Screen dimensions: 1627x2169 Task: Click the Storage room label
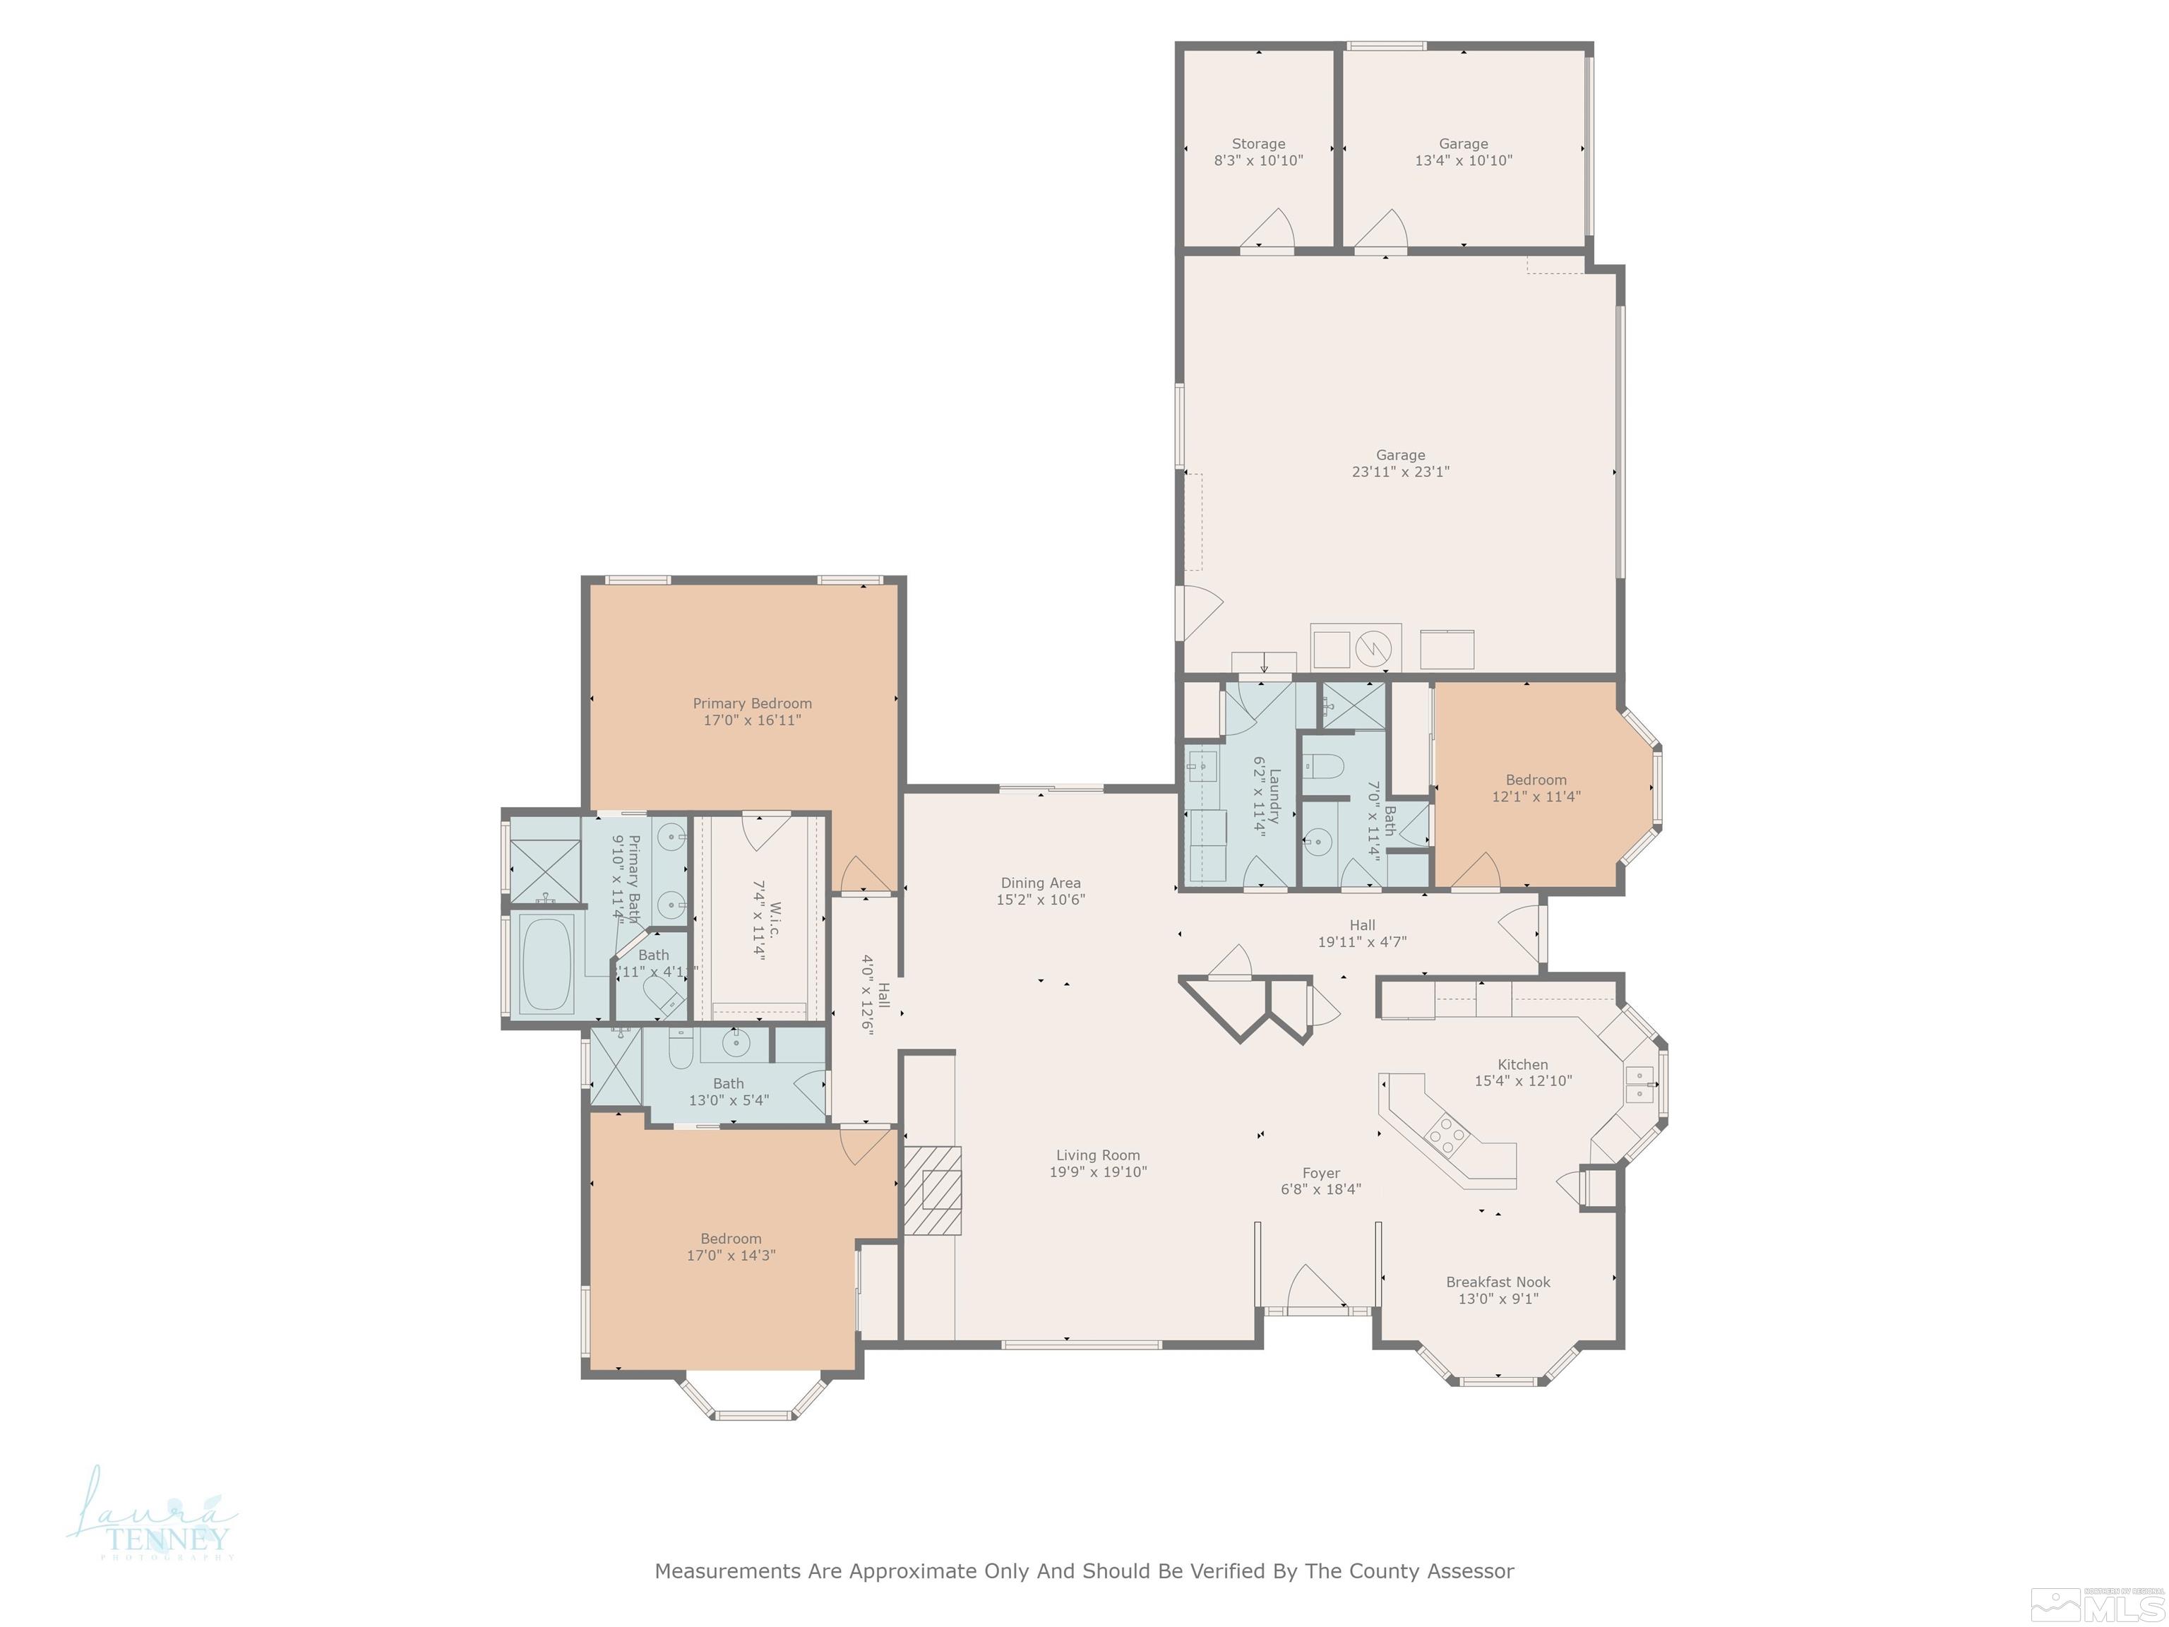coord(1258,144)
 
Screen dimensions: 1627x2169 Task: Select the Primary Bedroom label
coord(752,703)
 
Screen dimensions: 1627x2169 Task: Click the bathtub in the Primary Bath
coord(546,964)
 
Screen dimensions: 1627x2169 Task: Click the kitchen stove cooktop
coord(1446,1136)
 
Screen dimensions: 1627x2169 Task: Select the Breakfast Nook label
coord(1498,1282)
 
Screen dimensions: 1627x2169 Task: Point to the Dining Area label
coord(1041,883)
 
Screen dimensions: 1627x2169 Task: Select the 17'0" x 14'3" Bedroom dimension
coord(731,1256)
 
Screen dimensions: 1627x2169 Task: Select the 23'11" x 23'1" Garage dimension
coord(1399,472)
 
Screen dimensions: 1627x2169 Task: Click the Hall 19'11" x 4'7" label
coord(1361,934)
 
